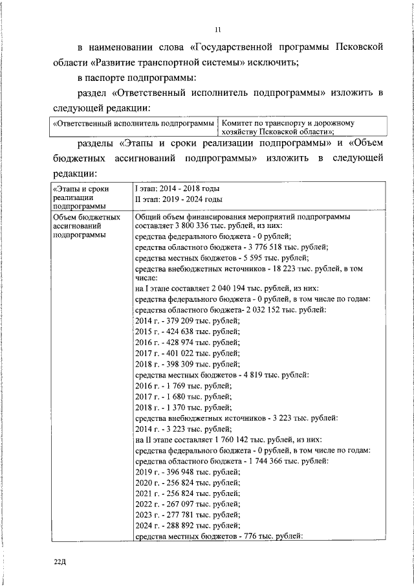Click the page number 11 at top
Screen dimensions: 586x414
[218, 28]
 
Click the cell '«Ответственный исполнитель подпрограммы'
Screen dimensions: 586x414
[133, 122]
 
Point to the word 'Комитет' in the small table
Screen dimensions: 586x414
[238, 122]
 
